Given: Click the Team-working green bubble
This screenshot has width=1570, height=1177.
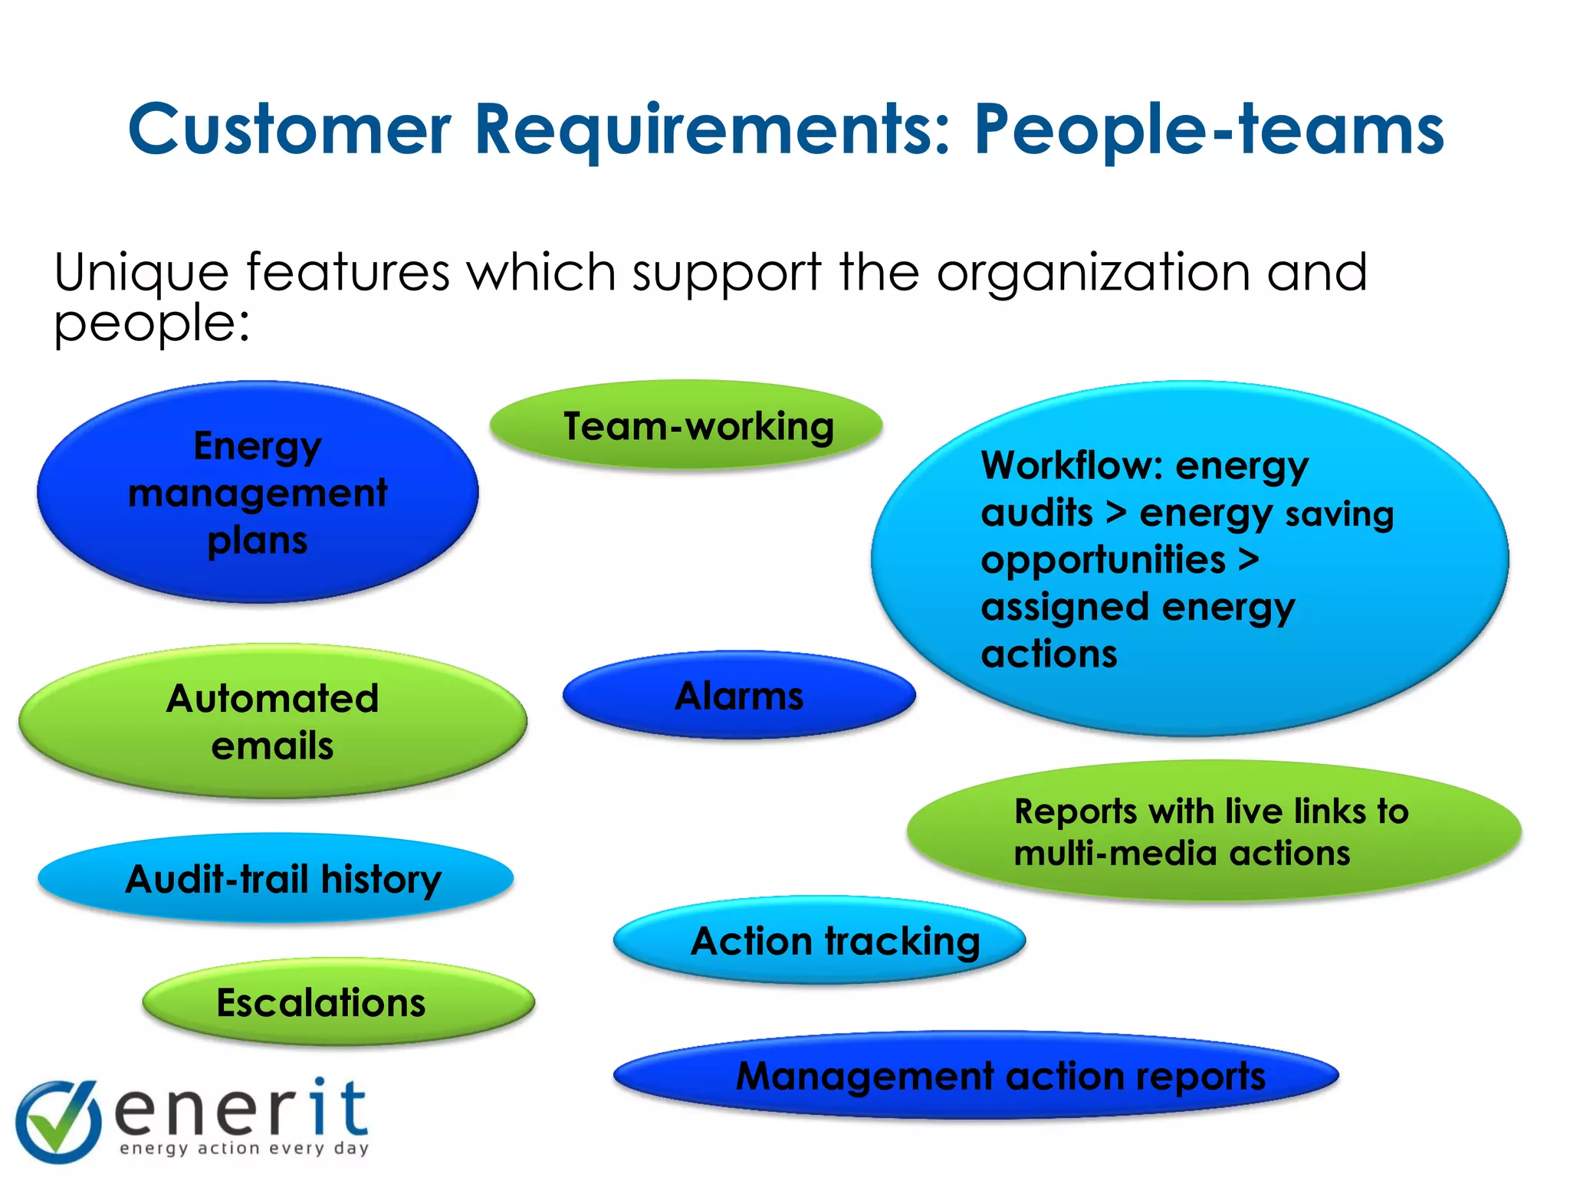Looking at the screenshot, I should [x=686, y=425].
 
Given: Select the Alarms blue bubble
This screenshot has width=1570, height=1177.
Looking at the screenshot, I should [x=739, y=696].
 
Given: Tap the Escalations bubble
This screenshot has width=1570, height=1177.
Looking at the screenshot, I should [x=338, y=1002].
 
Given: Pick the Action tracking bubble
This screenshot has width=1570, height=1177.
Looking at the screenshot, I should [x=819, y=941].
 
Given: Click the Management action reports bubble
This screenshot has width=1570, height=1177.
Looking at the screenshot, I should [x=976, y=1075].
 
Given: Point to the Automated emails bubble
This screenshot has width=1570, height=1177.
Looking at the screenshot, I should [x=273, y=721].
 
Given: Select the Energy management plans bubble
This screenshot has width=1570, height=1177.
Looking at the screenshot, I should [x=258, y=492].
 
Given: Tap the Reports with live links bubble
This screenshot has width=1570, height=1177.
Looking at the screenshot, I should [x=1214, y=831].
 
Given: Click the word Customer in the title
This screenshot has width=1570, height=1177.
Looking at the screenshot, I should [x=289, y=130].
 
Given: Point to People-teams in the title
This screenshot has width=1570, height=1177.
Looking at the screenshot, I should [x=1208, y=130].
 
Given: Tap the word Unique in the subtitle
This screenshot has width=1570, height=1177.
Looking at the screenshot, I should [x=141, y=273].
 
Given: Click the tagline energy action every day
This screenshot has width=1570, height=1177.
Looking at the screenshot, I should [x=244, y=1148].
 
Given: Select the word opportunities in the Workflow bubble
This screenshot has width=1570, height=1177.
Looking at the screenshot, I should [x=1103, y=560].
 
